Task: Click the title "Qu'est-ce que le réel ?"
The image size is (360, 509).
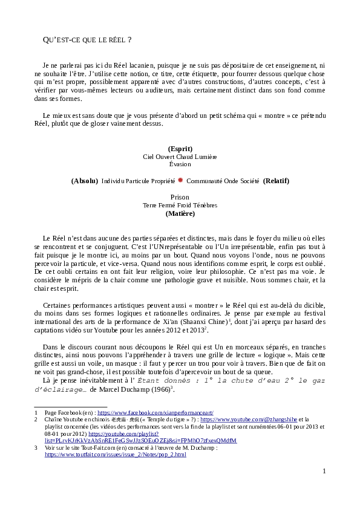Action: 88,40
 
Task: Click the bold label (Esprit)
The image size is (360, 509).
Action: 180,148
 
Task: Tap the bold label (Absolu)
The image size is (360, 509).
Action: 84,181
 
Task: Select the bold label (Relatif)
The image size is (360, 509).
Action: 276,181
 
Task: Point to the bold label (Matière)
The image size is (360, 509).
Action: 180,213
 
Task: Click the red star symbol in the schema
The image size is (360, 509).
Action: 180,180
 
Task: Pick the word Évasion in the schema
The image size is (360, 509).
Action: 180,164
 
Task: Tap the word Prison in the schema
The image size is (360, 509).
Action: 180,197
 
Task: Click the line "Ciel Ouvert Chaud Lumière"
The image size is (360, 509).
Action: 180,156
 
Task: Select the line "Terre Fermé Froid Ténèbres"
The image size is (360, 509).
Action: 180,205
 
